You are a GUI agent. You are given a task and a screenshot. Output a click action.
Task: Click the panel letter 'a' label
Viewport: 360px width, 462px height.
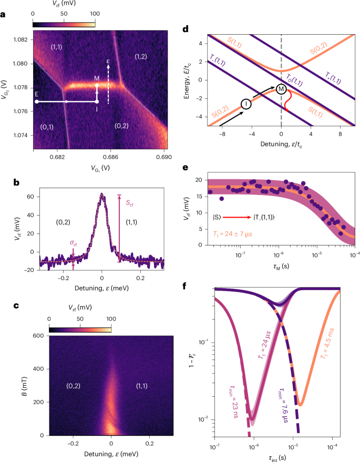[4, 15]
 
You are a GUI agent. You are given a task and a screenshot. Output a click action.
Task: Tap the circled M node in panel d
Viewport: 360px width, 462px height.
[282, 89]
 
